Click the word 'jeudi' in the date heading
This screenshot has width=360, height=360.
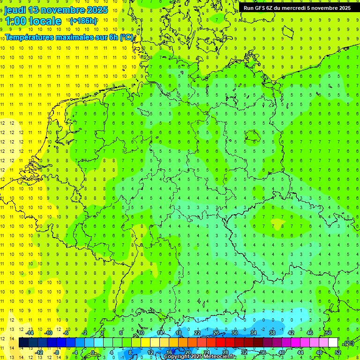pos(15,10)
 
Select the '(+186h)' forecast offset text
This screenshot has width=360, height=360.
pos(83,21)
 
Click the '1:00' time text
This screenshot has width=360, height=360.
pos(15,21)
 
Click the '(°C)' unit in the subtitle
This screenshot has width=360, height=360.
pos(127,37)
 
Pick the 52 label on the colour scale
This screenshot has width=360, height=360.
pos(337,352)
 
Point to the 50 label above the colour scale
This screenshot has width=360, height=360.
pos(328,333)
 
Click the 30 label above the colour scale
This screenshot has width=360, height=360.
pos(234,333)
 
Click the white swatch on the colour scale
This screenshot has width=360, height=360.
pos(333,343)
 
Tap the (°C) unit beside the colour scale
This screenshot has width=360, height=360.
pos(349,343)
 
